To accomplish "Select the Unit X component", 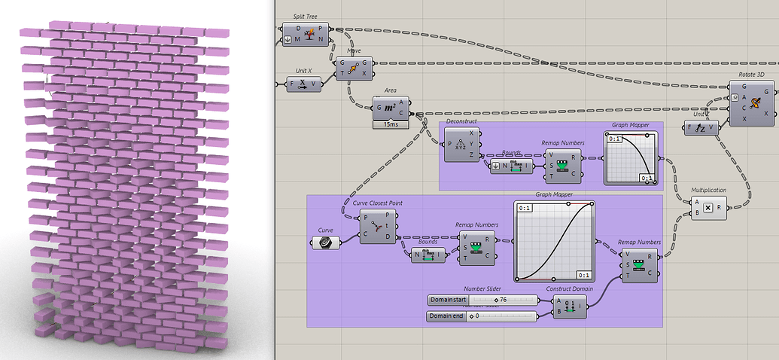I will coord(303,84).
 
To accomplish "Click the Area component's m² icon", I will coord(391,108).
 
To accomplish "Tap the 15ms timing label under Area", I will coord(391,124).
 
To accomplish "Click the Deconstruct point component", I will coord(461,144).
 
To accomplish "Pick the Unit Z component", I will coord(701,128).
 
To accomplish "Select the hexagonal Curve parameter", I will coord(324,242).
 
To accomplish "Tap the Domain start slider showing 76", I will coord(482,300).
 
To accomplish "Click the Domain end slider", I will coord(482,316).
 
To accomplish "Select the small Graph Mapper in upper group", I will coord(630,159).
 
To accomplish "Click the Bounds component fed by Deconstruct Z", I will coord(511,166).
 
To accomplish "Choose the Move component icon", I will coord(354,68).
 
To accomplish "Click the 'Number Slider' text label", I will coord(482,288).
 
